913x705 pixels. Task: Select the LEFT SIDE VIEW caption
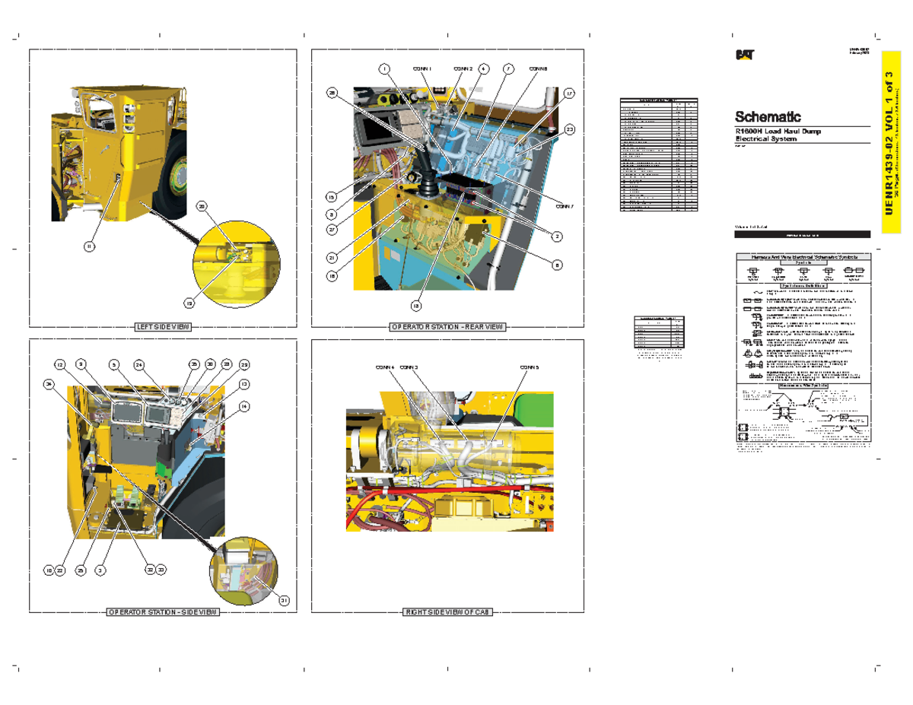point(162,326)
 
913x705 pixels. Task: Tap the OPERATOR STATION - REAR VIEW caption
point(447,326)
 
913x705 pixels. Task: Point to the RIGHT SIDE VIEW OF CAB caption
point(448,612)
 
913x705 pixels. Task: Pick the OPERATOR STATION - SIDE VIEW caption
point(162,612)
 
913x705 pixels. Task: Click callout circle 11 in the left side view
point(90,246)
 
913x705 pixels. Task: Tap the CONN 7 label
point(564,206)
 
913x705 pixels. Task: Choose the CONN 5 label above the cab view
point(530,367)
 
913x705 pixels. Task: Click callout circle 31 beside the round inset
point(283,600)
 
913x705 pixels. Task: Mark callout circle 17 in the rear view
point(569,94)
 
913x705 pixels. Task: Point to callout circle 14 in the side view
point(244,406)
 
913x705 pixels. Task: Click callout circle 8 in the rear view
point(557,265)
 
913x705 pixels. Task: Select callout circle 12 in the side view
point(60,364)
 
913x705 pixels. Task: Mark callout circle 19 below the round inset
point(189,302)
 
